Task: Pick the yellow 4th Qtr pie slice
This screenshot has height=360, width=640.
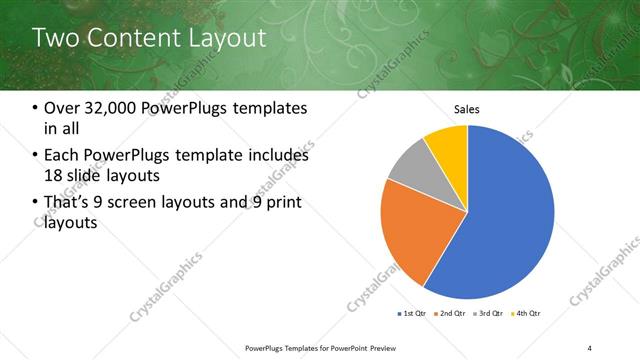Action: [447, 145]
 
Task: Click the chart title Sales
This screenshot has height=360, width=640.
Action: [467, 109]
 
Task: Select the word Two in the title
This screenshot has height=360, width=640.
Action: [54, 39]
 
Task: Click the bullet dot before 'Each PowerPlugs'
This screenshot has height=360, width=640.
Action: [36, 156]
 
